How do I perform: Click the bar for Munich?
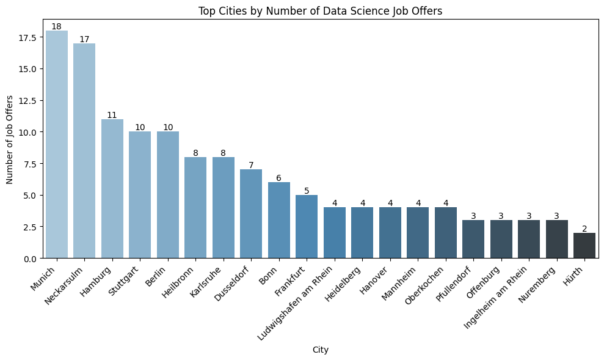56,144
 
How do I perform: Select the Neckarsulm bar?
84,150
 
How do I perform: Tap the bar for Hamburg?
112,188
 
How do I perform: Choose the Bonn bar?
278,220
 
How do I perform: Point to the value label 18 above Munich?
56,26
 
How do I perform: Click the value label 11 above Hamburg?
112,115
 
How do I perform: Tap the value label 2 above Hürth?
584,229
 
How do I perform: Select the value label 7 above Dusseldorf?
251,166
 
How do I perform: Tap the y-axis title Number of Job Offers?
10,139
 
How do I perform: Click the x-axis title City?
321,350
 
